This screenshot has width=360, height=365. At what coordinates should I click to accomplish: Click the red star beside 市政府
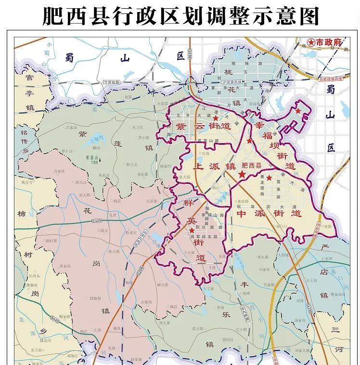(311, 43)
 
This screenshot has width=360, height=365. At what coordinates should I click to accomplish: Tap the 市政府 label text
(329, 43)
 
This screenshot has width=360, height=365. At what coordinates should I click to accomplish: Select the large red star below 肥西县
(242, 176)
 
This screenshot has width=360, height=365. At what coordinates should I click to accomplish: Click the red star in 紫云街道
(216, 118)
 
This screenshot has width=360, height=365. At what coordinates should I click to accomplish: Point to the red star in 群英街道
(192, 231)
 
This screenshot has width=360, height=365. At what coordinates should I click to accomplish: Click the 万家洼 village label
(59, 170)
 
